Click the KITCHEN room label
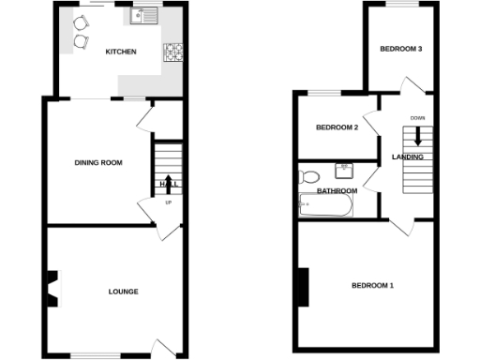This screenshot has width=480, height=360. pyautogui.click(x=121, y=52)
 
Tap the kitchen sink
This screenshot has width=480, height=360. pyautogui.click(x=146, y=16)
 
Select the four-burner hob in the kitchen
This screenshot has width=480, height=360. pyautogui.click(x=173, y=53)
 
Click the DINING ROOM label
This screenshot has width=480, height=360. pyautogui.click(x=98, y=163)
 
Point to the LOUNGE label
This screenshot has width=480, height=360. pyautogui.click(x=123, y=292)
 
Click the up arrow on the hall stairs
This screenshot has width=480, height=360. pyautogui.click(x=168, y=182)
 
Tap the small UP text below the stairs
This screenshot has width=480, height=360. pyautogui.click(x=168, y=202)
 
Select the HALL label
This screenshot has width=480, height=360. pyautogui.click(x=169, y=184)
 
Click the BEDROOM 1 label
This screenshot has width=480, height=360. pyautogui.click(x=372, y=285)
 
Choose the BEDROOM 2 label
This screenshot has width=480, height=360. pyautogui.click(x=337, y=127)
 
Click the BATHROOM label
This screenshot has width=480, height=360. pyautogui.click(x=337, y=191)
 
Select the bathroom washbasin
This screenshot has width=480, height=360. pyautogui.click(x=343, y=171)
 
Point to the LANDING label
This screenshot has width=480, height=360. pyautogui.click(x=407, y=157)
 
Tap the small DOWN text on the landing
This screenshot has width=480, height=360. pyautogui.click(x=417, y=118)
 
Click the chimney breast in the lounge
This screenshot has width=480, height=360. pyautogui.click(x=53, y=288)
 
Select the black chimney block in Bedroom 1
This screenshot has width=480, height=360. pyautogui.click(x=304, y=287)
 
